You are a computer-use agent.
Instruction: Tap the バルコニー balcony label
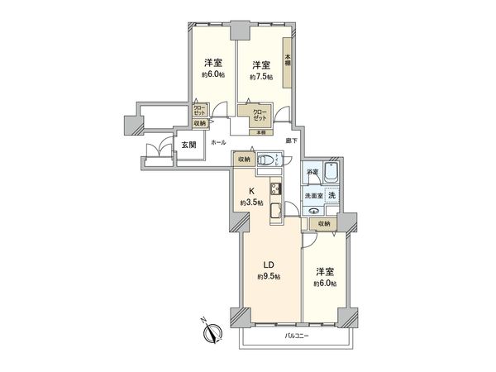click(297, 335)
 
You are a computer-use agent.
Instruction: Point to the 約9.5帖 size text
click(268, 276)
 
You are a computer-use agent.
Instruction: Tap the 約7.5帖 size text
click(261, 77)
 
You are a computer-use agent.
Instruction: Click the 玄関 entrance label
click(188, 144)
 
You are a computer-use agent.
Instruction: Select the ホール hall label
click(218, 143)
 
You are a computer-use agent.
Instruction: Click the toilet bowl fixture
click(266, 162)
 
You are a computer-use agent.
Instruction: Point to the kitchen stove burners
click(275, 189)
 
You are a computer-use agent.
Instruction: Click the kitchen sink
click(275, 216)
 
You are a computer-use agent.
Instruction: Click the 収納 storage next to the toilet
click(243, 160)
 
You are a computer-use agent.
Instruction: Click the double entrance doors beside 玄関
click(153, 150)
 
